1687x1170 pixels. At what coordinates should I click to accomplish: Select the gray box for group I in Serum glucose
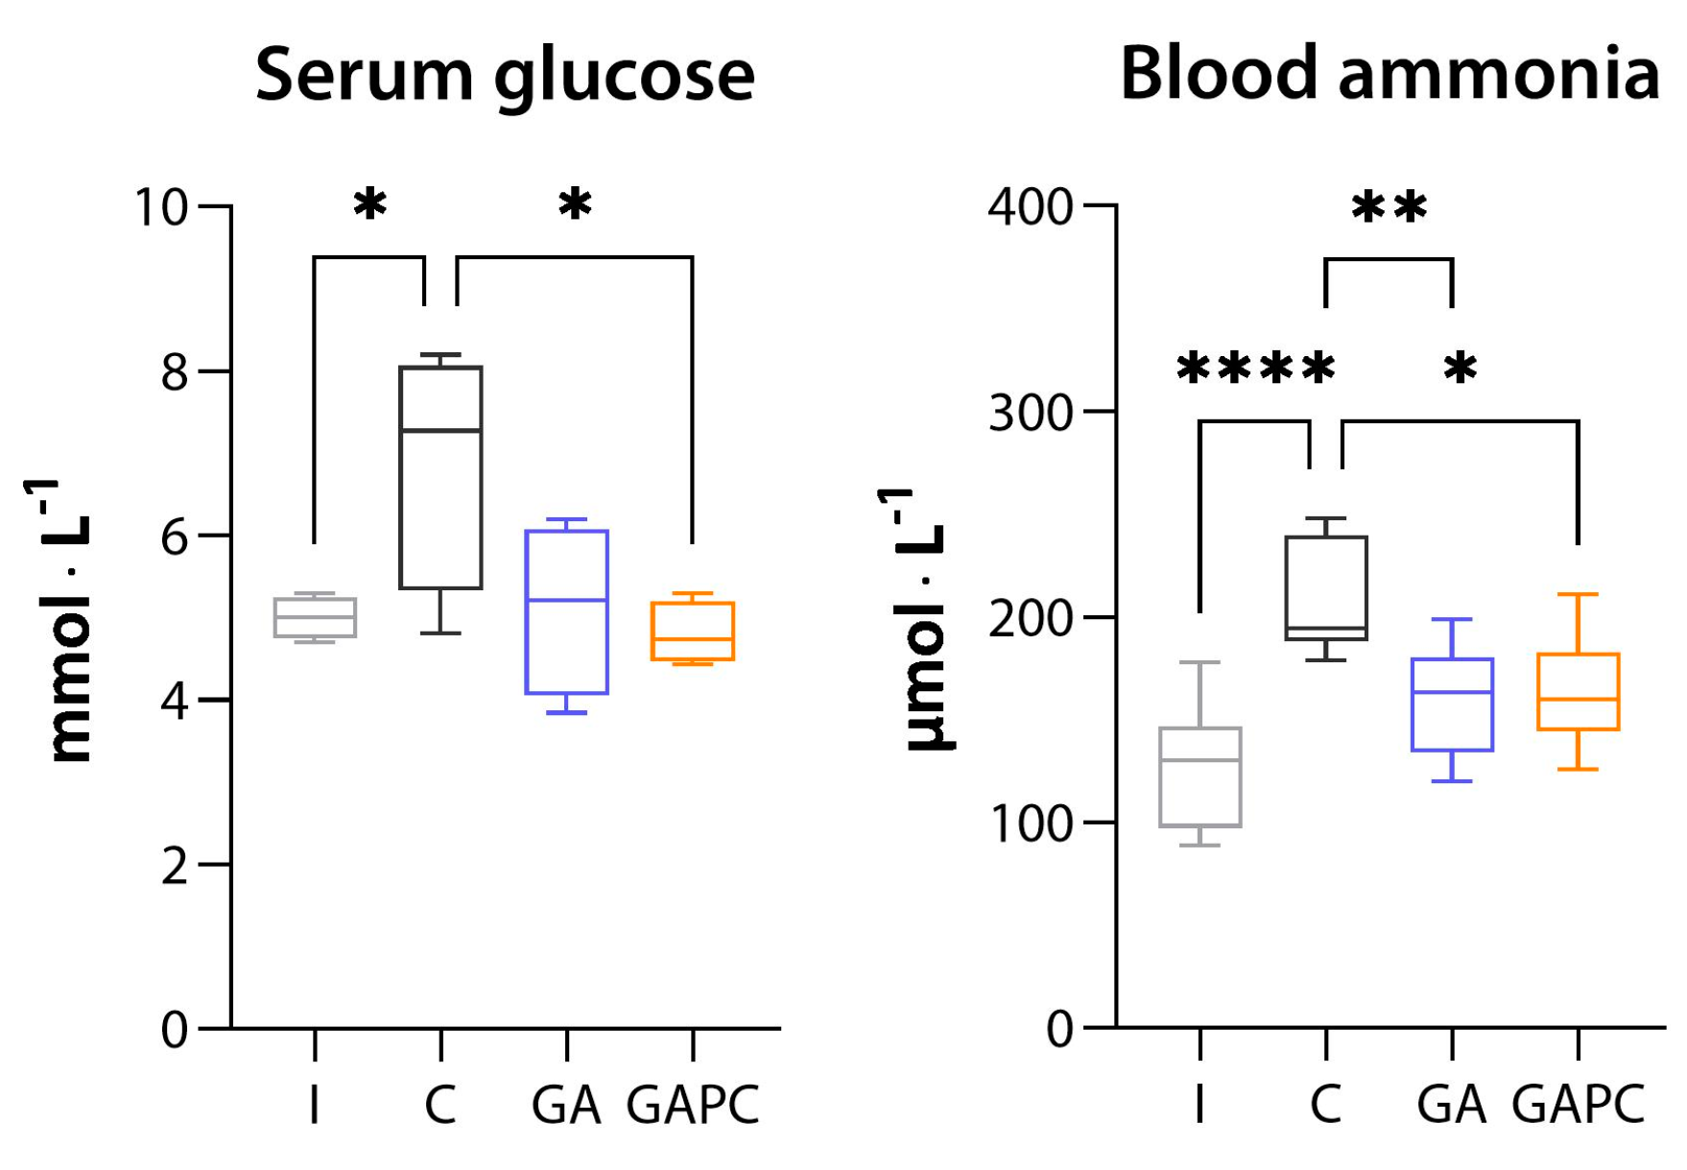click(x=315, y=617)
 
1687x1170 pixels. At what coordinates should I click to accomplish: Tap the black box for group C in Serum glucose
click(x=440, y=477)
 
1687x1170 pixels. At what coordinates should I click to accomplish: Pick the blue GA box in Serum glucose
click(x=566, y=611)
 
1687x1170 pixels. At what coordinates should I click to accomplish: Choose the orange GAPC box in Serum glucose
click(x=693, y=631)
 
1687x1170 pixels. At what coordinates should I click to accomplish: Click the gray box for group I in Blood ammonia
click(x=1200, y=776)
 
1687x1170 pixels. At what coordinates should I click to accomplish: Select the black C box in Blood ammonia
click(x=1326, y=587)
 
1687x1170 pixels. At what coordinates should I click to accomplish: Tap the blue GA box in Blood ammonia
click(x=1452, y=704)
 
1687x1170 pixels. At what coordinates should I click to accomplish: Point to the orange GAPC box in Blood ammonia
click(x=1579, y=691)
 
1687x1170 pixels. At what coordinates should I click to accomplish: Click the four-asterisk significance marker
click(x=1255, y=369)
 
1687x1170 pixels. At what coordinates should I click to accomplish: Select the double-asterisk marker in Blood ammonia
click(x=1389, y=207)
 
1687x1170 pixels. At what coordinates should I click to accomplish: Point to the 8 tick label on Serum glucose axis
click(x=174, y=371)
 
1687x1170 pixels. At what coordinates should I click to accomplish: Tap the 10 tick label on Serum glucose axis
click(x=161, y=207)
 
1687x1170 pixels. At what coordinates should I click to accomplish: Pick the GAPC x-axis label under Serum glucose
click(x=693, y=1105)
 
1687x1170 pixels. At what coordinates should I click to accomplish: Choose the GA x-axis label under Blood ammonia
click(x=1451, y=1105)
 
